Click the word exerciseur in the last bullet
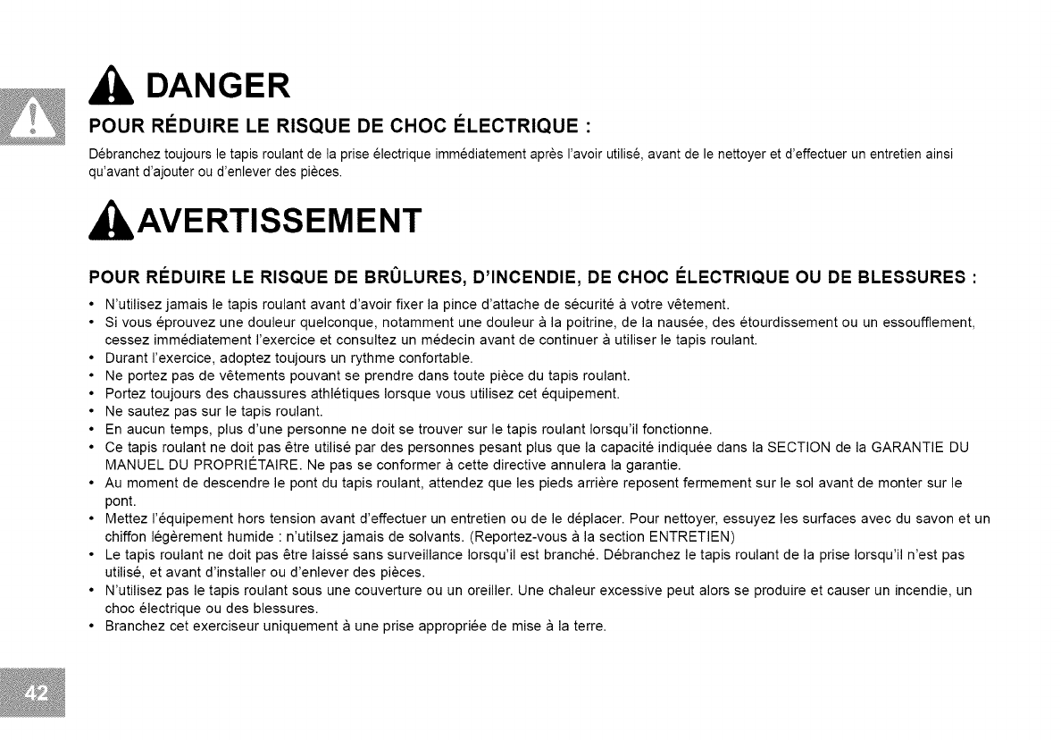click(x=202, y=626)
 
